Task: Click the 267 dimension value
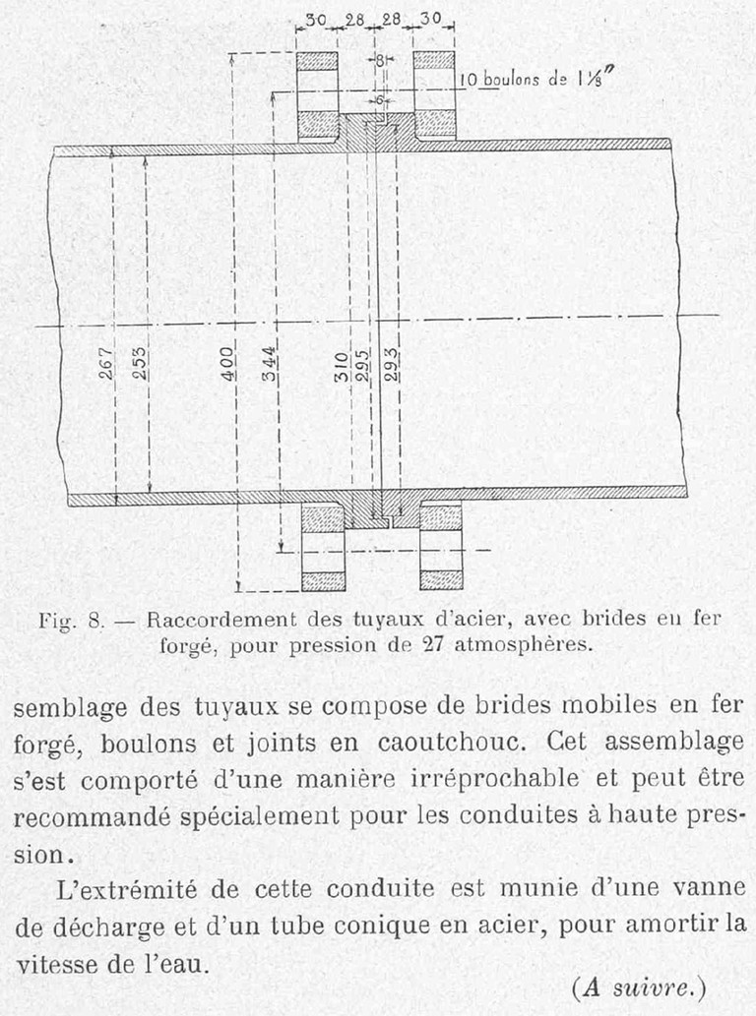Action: pyautogui.click(x=107, y=363)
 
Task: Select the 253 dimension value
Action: pyautogui.click(x=140, y=363)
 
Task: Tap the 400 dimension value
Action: pyautogui.click(x=227, y=363)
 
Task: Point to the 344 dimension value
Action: pyautogui.click(x=269, y=364)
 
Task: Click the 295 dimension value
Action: pyautogui.click(x=362, y=365)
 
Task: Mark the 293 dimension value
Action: pyautogui.click(x=391, y=365)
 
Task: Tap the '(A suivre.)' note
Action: pyautogui.click(x=640, y=986)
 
